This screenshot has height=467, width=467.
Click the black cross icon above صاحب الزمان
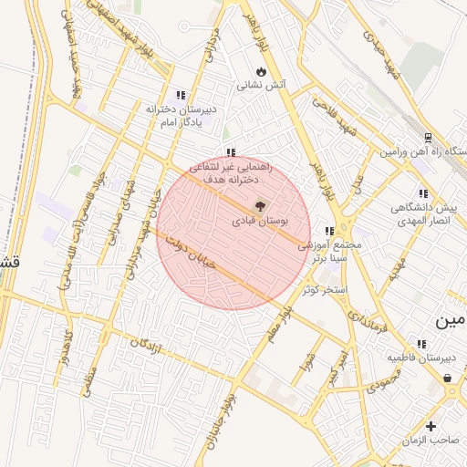tap(431, 426)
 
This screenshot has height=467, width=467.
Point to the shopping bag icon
tap(447, 378)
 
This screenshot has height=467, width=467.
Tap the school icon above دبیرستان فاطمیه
tap(420, 344)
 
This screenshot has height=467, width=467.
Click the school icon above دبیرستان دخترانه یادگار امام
tap(181, 94)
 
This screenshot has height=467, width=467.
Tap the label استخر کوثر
tap(327, 289)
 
